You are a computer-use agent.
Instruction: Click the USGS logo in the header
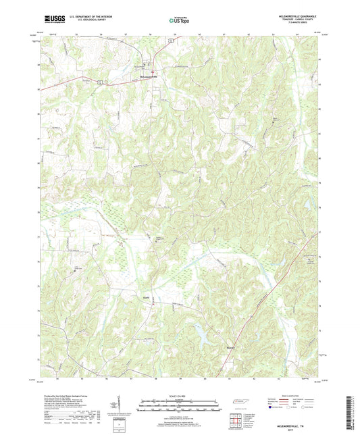point(52,21)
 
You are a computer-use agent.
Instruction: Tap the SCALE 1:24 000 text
point(180,395)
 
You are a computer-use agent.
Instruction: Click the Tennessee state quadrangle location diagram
point(238,403)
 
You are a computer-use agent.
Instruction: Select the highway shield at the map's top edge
point(172,41)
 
